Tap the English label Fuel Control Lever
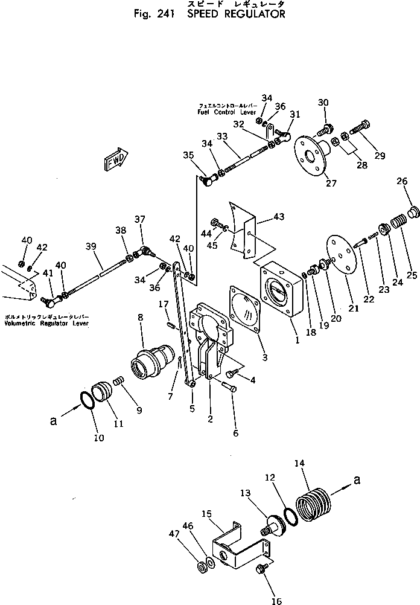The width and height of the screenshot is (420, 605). tap(226, 112)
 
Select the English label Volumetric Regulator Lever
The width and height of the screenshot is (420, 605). tap(46, 323)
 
